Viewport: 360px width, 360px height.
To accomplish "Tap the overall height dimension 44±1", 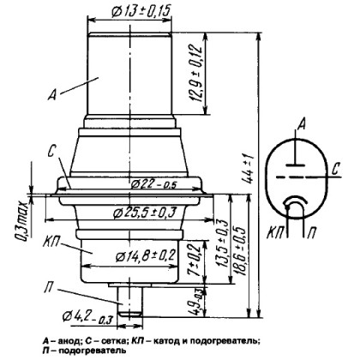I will click(x=257, y=176).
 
